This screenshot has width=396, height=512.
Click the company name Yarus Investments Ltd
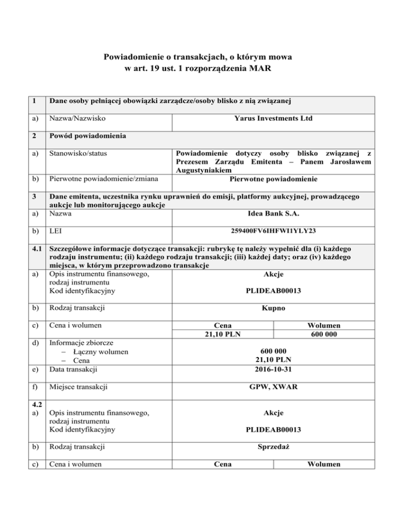(x=273, y=118)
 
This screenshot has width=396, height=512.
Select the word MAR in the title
(x=260, y=67)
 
